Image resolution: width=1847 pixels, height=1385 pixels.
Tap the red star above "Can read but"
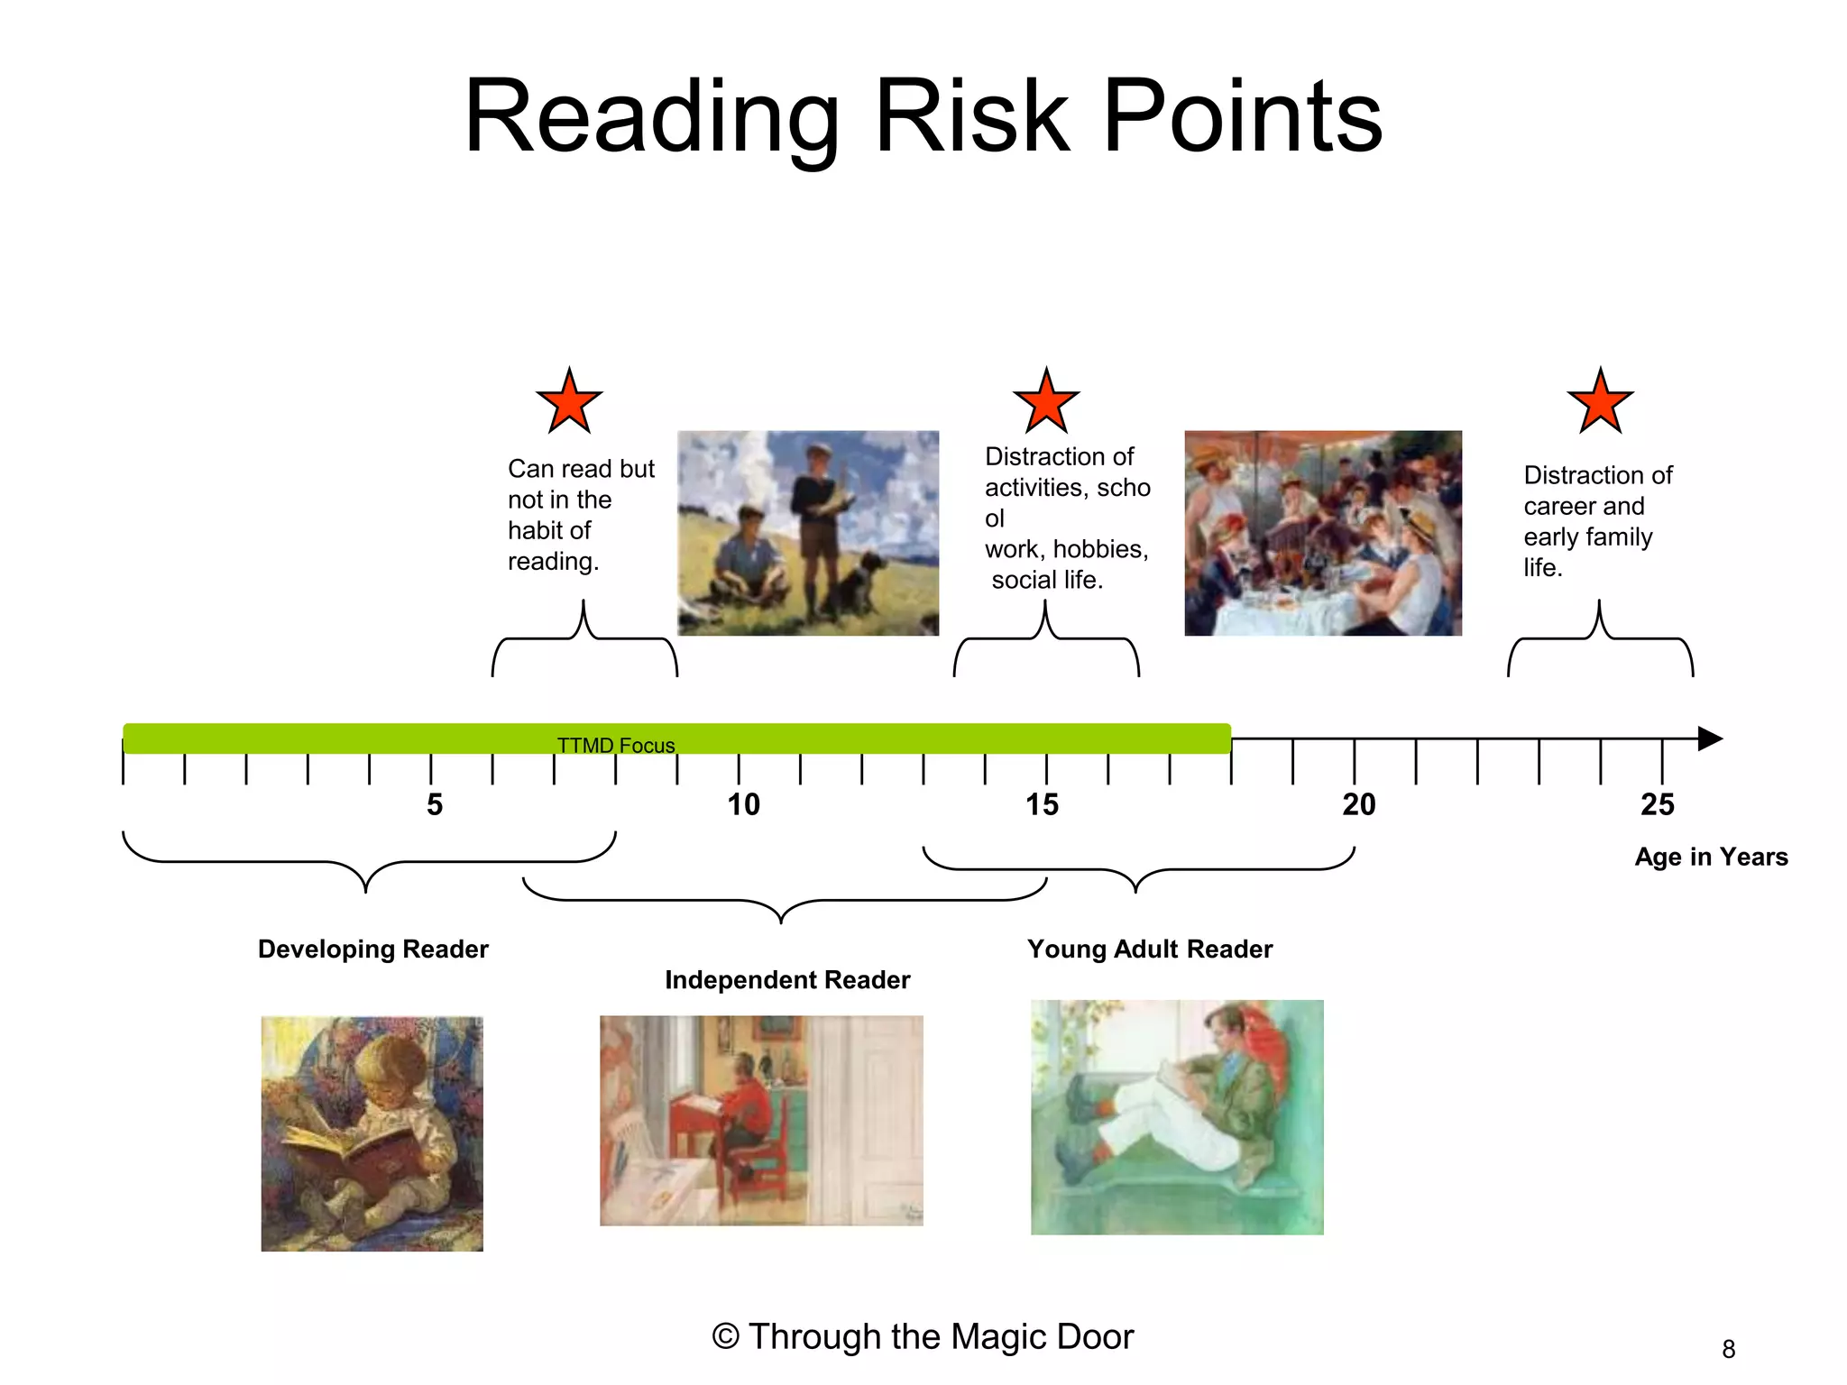coord(569,402)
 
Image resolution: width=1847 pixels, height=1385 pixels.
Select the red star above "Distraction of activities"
coord(1046,402)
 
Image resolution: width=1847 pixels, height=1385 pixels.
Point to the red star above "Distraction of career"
coord(1600,402)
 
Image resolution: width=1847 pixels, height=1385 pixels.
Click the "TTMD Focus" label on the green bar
coord(616,746)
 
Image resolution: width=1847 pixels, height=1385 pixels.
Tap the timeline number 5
coord(435,804)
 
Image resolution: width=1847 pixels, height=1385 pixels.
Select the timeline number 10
coord(743,804)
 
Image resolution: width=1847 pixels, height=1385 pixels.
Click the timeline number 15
coord(1042,804)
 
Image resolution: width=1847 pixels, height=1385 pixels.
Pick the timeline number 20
coord(1358,804)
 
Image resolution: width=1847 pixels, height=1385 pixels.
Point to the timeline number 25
coord(1657,804)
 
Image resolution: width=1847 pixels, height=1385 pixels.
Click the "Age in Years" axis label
coord(1711,857)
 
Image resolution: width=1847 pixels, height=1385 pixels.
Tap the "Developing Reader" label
coord(372,949)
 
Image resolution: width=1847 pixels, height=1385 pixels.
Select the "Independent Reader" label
coord(787,980)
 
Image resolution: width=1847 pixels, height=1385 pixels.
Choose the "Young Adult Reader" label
coord(1150,949)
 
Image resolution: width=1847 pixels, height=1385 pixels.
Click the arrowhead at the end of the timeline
coord(1709,738)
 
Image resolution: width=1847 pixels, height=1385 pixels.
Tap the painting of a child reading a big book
coord(372,1133)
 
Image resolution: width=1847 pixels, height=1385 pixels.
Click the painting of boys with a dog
coord(808,533)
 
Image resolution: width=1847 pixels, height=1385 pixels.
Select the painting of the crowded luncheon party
coord(1323,533)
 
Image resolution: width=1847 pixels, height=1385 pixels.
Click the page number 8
coord(1728,1349)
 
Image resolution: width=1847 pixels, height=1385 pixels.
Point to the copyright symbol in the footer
coord(725,1336)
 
